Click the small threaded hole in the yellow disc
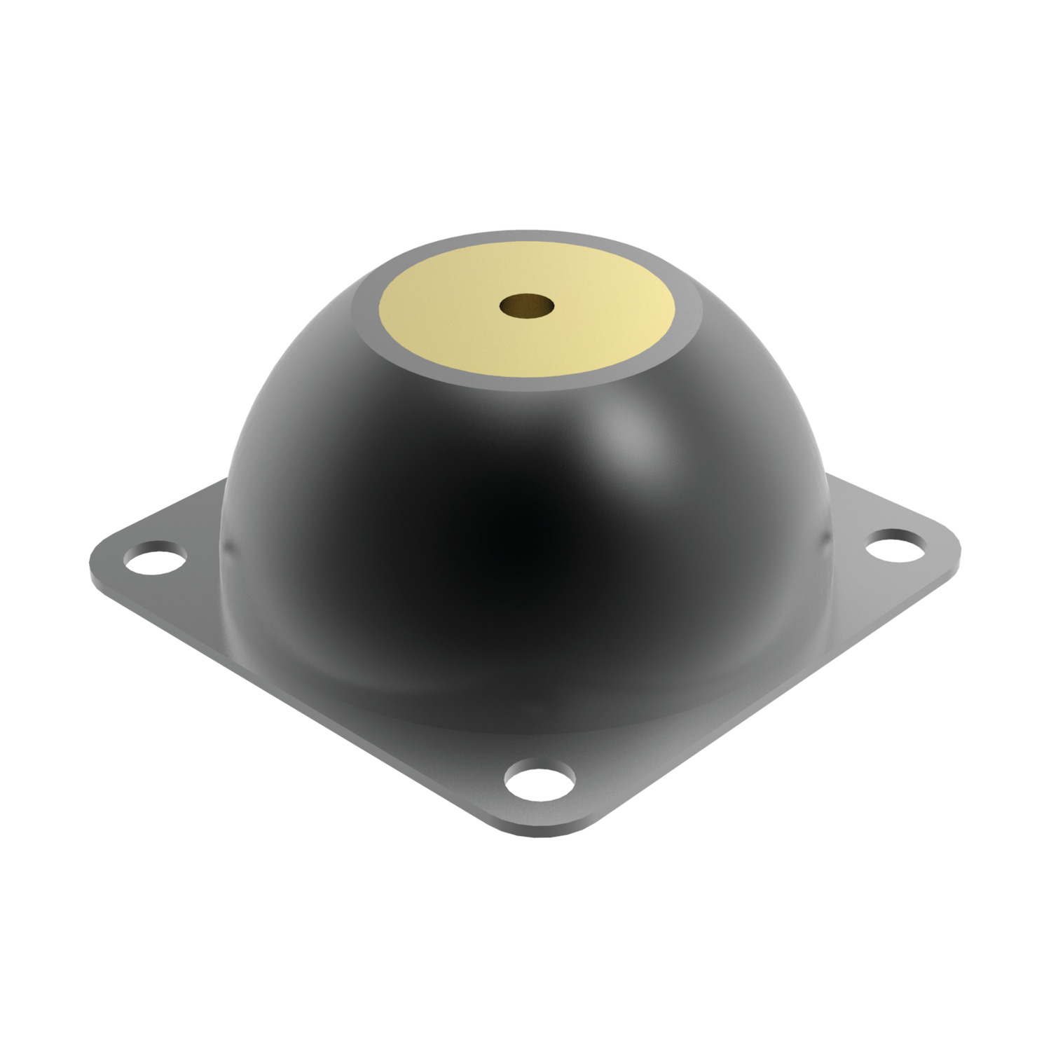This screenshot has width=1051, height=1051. tap(526, 305)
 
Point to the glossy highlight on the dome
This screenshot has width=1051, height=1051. tap(631, 427)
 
